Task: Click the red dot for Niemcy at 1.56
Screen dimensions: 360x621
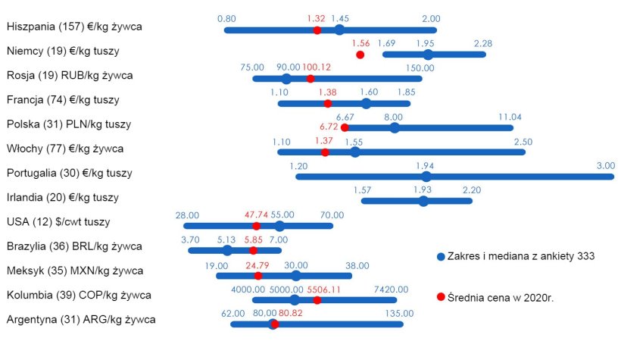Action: pos(360,55)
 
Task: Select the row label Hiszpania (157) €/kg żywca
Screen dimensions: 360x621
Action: pos(74,27)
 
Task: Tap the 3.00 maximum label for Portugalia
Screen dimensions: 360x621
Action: pos(605,166)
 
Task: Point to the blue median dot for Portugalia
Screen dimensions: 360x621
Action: pos(426,177)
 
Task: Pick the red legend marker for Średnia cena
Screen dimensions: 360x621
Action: pos(441,298)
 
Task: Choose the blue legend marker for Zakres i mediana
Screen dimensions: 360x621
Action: pos(441,257)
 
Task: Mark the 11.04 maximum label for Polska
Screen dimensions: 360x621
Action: pos(510,117)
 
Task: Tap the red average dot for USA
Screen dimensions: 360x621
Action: pos(256,226)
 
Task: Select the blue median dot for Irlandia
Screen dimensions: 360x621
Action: pos(423,201)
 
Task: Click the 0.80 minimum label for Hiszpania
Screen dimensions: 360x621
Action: pos(226,18)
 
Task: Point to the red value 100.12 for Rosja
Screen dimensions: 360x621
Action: pos(317,67)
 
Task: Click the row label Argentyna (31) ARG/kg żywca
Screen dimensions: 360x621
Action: pos(81,319)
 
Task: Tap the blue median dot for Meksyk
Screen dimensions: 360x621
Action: pos(295,275)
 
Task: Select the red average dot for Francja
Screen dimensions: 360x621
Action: pos(328,103)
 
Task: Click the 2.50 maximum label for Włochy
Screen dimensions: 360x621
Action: pos(523,142)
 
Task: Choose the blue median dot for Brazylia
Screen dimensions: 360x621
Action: pos(227,250)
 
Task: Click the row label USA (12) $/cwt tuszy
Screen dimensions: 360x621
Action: pos(58,222)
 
